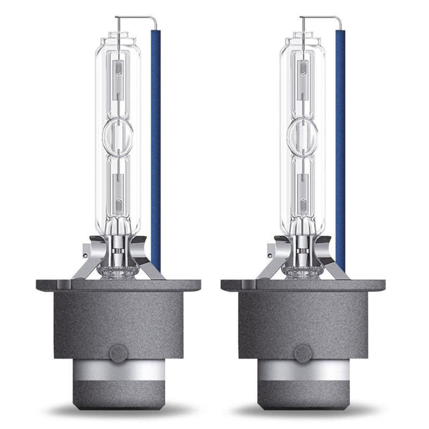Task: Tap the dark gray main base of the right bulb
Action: [x=302, y=316]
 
